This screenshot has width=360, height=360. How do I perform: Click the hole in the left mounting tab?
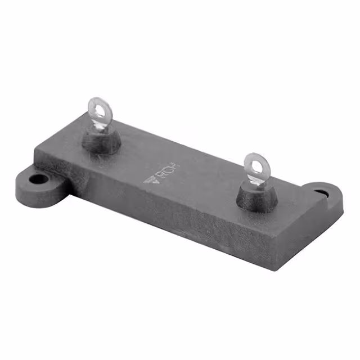pos(39,180)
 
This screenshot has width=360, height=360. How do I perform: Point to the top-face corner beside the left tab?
pos(38,150)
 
